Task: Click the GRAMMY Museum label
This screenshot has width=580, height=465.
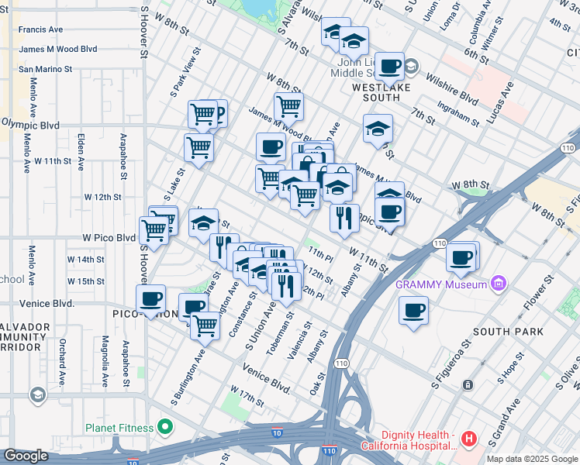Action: [440, 284]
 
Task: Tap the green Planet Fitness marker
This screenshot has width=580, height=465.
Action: [164, 426]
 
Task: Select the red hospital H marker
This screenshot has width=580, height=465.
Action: [468, 439]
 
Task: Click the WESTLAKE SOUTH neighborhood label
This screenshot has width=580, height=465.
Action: [376, 88]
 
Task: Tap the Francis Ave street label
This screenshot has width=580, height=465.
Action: [40, 29]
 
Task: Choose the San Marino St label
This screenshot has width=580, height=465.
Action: [45, 68]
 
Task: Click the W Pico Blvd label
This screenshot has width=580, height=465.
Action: [105, 237]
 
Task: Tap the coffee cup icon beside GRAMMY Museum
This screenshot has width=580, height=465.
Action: [462, 257]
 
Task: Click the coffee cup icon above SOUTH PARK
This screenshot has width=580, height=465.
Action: [413, 310]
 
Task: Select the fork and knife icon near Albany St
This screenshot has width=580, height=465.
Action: [344, 217]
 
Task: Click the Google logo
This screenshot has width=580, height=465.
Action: [26, 456]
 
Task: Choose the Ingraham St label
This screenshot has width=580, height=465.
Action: [458, 115]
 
